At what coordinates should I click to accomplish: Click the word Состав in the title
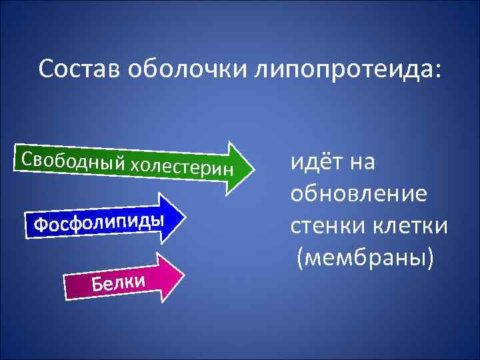pyautogui.click(x=78, y=69)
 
